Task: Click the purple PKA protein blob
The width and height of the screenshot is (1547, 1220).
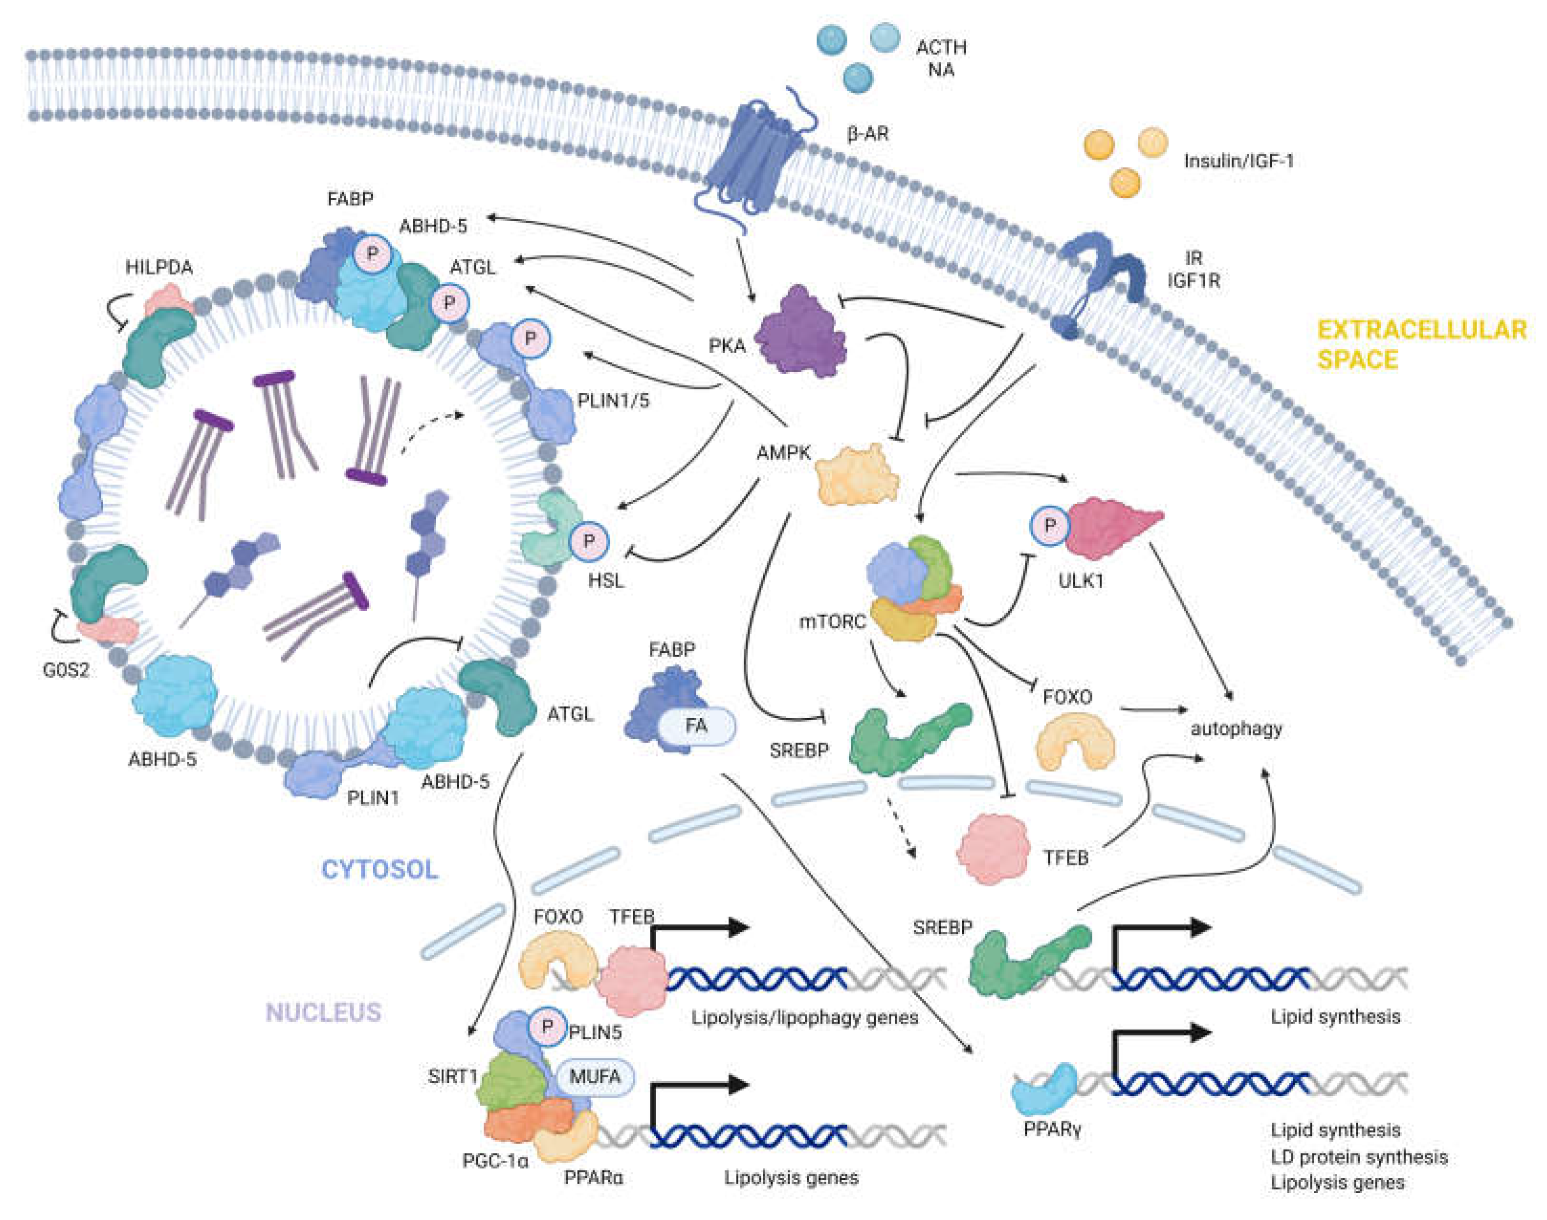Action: (x=800, y=332)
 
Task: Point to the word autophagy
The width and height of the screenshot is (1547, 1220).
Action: (x=1235, y=729)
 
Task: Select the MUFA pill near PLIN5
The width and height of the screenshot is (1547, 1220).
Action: (x=594, y=1077)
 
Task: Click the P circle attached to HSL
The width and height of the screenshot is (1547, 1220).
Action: (x=588, y=541)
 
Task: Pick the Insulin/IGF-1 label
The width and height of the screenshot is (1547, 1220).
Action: (x=1238, y=161)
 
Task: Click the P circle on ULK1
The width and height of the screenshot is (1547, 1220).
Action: (x=1049, y=525)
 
